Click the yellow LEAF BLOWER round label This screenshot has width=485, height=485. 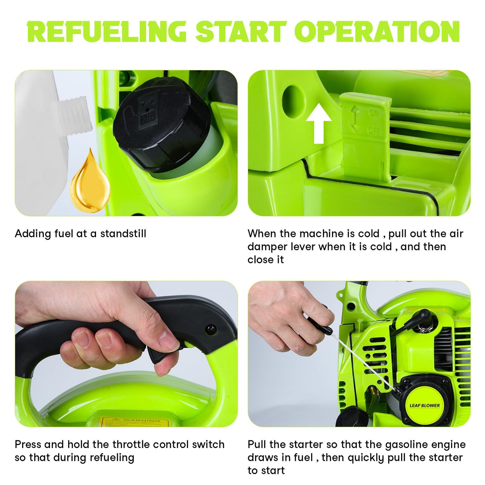(425, 405)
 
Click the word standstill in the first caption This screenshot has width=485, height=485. (124, 234)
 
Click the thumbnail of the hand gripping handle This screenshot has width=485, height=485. (126, 354)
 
